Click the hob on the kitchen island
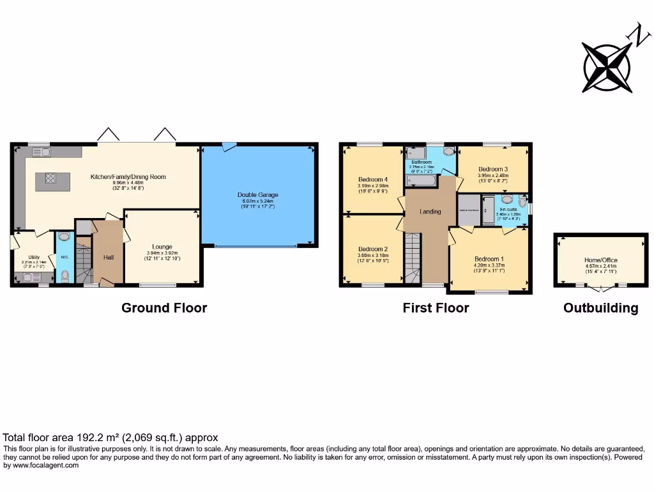tap(49, 179)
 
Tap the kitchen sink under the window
tap(42, 152)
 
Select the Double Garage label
tap(258, 195)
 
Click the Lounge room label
tap(162, 247)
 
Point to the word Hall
tap(109, 257)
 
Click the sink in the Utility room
tap(29, 277)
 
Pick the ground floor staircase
tap(84, 259)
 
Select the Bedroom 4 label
tap(372, 180)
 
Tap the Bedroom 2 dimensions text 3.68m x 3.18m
tap(372, 256)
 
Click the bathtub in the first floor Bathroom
tap(420, 182)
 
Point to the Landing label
tap(430, 212)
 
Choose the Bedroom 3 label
tap(492, 169)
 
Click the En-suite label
tap(508, 209)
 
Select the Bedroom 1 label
tap(489, 259)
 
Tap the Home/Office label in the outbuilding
tap(601, 260)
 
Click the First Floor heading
tap(436, 308)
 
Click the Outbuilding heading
tap(600, 308)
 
